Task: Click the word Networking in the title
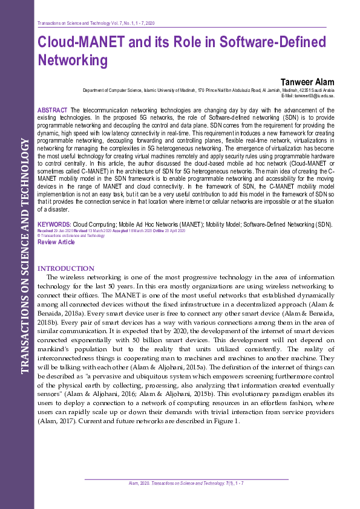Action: (x=73, y=60)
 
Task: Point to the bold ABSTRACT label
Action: (x=52, y=109)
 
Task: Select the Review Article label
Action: (x=56, y=242)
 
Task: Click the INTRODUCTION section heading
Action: (x=66, y=268)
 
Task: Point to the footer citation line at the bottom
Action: (x=186, y=484)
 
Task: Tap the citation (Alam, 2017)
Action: (x=54, y=421)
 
